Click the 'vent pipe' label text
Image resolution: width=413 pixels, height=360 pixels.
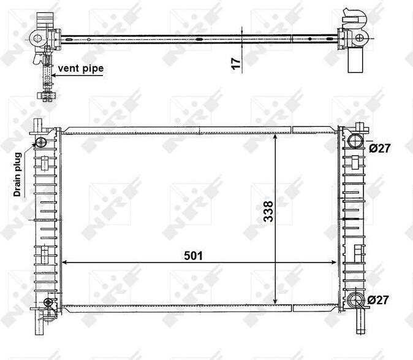(x=81, y=69)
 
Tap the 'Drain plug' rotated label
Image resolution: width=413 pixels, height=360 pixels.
(x=17, y=174)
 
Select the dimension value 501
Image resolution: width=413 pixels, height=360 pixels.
(x=194, y=256)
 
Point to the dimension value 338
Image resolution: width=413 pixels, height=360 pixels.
(x=268, y=212)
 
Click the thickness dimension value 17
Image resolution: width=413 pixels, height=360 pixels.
(x=237, y=64)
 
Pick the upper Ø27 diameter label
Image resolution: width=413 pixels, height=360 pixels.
(x=379, y=148)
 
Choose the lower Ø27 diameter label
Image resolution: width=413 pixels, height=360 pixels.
(x=378, y=300)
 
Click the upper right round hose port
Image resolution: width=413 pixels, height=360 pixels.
(x=355, y=140)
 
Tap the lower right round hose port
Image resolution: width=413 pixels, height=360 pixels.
(x=355, y=301)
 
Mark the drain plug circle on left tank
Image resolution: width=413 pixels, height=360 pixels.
(x=41, y=142)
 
